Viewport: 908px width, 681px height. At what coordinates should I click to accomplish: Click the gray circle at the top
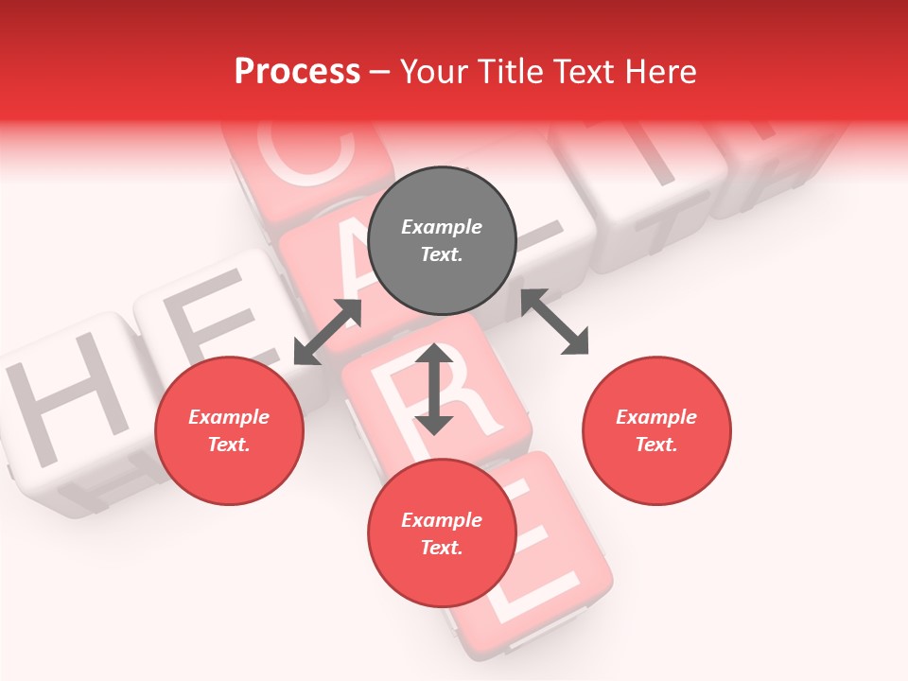click(x=442, y=241)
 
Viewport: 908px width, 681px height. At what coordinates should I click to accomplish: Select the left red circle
click(x=229, y=430)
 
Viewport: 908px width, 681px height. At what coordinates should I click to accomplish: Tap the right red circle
click(x=656, y=430)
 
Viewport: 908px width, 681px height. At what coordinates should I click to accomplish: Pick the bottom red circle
click(x=442, y=533)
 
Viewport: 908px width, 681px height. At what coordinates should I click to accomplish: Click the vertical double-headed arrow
click(x=434, y=389)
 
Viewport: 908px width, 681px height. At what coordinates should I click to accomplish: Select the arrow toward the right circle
click(x=555, y=322)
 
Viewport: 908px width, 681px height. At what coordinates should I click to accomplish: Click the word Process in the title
click(x=297, y=71)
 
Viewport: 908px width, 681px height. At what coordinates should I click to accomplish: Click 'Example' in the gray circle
click(x=442, y=227)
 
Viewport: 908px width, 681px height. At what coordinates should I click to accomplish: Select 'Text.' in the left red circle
click(x=229, y=445)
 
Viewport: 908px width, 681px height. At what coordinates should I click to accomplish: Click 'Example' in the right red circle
click(x=656, y=417)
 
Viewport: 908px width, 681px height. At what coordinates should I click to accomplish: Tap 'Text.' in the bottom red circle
click(x=442, y=548)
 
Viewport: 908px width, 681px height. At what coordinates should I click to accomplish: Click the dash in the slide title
click(x=380, y=72)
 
